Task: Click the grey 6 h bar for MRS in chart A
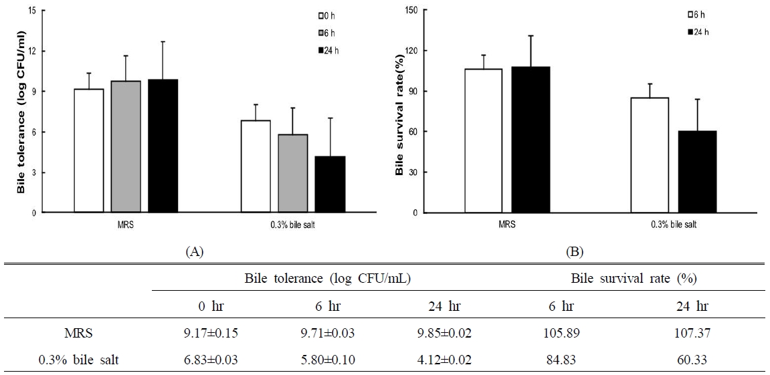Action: (125, 146)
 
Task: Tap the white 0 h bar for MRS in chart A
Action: (88, 150)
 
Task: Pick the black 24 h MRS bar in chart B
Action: (531, 140)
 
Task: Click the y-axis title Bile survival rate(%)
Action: (399, 110)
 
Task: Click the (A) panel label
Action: (194, 252)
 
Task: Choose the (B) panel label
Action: (574, 252)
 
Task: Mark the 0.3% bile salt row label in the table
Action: (78, 360)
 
